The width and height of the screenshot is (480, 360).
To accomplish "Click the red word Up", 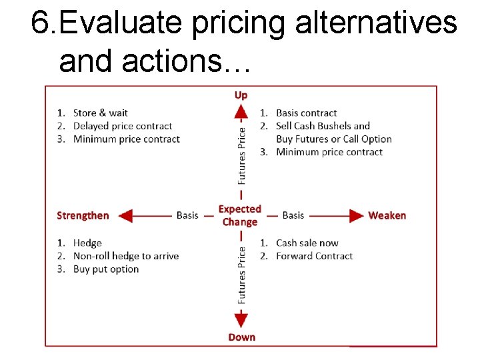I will [x=241, y=95].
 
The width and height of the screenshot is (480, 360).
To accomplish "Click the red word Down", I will [x=241, y=337].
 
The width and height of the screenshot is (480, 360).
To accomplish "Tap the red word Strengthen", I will [x=83, y=215].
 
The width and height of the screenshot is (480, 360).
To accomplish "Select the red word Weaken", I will [x=387, y=215].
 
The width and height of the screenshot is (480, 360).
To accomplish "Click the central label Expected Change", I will [x=240, y=215].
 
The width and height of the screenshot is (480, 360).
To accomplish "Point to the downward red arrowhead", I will [x=241, y=318].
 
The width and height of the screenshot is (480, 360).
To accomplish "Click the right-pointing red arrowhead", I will [x=355, y=215].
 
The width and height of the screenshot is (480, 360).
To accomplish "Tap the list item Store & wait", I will [x=100, y=113].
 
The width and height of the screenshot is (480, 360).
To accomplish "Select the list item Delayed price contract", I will [x=122, y=126].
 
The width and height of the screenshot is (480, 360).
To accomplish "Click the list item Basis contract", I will [x=306, y=113].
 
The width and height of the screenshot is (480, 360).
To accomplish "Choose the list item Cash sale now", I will [x=307, y=243].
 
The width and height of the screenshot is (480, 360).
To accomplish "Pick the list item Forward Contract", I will [x=314, y=256].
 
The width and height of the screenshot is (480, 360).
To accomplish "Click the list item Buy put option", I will [x=105, y=269].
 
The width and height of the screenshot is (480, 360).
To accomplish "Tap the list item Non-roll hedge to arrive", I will [x=125, y=256].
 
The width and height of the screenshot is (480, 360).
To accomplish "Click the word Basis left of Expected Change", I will [x=187, y=215].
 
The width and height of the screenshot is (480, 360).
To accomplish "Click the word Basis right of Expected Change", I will [x=293, y=215].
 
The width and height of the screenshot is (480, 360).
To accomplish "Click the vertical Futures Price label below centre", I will [x=241, y=275].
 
